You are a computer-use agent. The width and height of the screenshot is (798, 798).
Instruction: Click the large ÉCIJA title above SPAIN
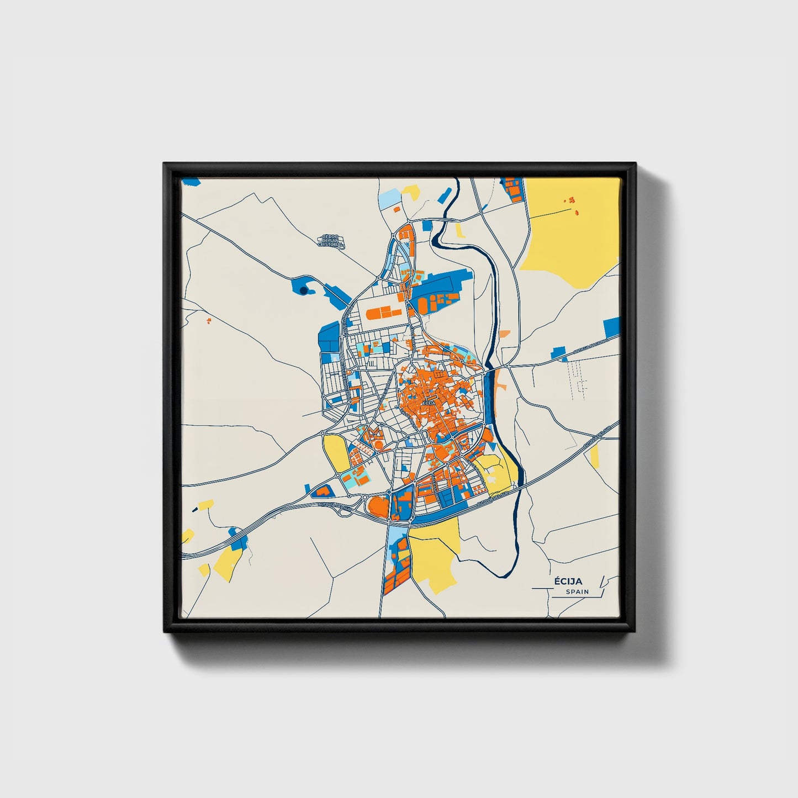coord(569,581)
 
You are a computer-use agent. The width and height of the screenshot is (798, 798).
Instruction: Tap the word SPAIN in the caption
coord(577,592)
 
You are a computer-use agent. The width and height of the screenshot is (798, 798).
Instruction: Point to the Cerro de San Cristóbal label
coord(333,241)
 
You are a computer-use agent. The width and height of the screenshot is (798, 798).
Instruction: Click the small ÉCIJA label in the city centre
coord(428,403)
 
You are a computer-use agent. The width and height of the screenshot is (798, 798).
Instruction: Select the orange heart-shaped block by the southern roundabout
coord(378,505)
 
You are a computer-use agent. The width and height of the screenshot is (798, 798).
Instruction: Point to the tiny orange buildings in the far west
coord(208,320)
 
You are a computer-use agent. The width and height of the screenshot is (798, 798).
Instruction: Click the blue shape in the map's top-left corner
coord(191,181)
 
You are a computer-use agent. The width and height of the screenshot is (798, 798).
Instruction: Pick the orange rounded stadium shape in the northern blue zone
coord(423,304)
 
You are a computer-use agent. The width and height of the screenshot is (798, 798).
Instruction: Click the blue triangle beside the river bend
coord(445,196)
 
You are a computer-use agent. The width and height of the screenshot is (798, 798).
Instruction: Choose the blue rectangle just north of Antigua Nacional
coord(559,352)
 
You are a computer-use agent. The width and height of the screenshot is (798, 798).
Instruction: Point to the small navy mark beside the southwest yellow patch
coord(194,509)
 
